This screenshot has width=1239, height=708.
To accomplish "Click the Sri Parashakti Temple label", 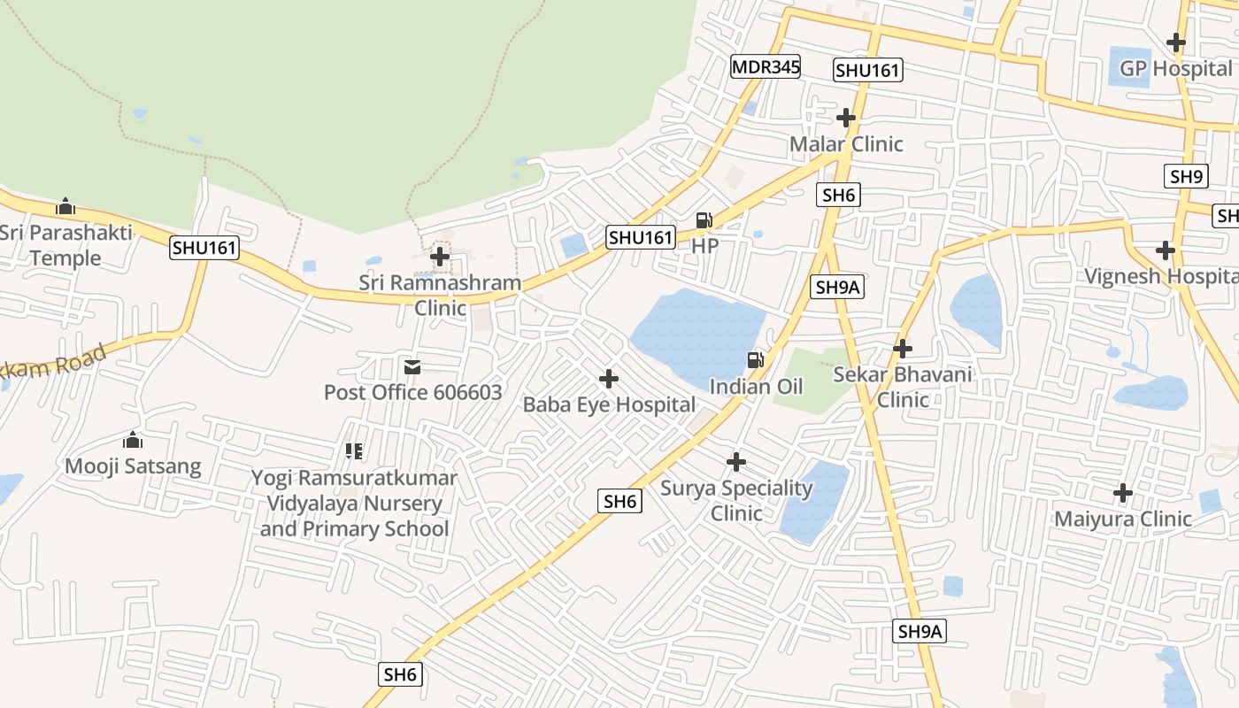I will [x=65, y=245].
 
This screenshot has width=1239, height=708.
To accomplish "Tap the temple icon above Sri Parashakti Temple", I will [x=65, y=207].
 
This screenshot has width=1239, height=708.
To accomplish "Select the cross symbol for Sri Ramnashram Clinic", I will [x=440, y=258].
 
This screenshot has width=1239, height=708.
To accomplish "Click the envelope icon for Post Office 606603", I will [x=412, y=366].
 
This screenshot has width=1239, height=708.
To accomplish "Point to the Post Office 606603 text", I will [x=412, y=392].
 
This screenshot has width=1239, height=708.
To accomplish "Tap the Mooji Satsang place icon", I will [x=133, y=440].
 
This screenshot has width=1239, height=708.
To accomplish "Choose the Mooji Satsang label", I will [x=133, y=466].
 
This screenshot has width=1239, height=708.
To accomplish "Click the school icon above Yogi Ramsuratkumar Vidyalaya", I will [x=354, y=451].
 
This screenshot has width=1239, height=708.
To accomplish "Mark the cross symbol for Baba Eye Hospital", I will [x=609, y=379].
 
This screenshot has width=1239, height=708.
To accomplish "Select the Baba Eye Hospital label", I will [x=609, y=405].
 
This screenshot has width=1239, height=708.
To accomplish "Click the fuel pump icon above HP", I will [x=704, y=220].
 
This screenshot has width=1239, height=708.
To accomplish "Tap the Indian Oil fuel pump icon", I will [x=756, y=359].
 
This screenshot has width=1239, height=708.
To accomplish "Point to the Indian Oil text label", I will [x=756, y=387].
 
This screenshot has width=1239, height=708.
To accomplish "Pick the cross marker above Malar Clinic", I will [x=846, y=117].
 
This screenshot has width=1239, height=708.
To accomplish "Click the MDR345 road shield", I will [x=766, y=66].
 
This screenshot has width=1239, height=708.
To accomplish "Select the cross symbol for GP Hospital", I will [x=1175, y=42].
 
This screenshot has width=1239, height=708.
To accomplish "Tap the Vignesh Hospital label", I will [x=1162, y=276].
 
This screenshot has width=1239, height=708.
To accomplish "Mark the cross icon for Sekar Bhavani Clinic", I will [x=903, y=348].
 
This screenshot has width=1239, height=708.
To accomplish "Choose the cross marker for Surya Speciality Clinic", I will [x=736, y=462].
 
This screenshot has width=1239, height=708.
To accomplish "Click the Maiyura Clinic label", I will [x=1122, y=519].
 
